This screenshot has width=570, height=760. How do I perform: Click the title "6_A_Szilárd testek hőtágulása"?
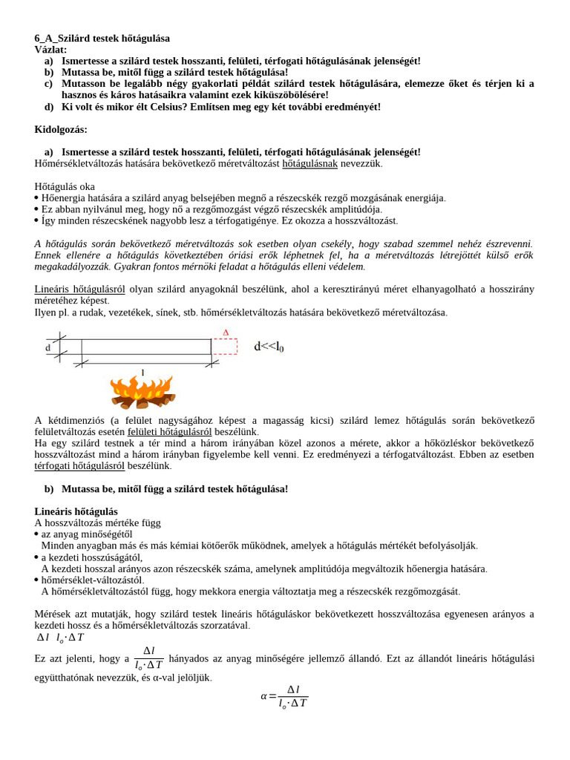pos(102,38)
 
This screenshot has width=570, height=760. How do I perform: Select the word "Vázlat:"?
pos(50,49)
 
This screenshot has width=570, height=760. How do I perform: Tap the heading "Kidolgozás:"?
pos(61,129)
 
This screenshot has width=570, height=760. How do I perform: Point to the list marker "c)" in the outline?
pos(48,84)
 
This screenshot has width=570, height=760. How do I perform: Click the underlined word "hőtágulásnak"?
pos(309,163)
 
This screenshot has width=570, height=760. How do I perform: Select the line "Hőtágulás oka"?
pos(65,186)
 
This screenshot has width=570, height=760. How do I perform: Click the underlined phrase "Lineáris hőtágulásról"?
pos(79,289)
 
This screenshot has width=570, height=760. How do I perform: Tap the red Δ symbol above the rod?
pos(226,332)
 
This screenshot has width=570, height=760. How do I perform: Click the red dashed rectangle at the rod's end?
pos(225,347)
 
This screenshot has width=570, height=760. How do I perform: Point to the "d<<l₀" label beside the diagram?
pos(269,346)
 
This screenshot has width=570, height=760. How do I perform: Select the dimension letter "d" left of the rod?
pos(48,347)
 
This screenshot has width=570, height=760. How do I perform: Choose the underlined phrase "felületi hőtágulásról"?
pos(169,431)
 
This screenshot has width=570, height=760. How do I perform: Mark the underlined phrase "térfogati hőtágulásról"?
pos(79,465)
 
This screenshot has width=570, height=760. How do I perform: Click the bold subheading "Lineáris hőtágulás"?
pos(76,511)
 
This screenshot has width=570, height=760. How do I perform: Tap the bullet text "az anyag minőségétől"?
pos(87,534)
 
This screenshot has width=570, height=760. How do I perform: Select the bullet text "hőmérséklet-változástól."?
pos(93,580)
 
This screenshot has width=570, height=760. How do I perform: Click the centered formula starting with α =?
pos(284,696)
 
